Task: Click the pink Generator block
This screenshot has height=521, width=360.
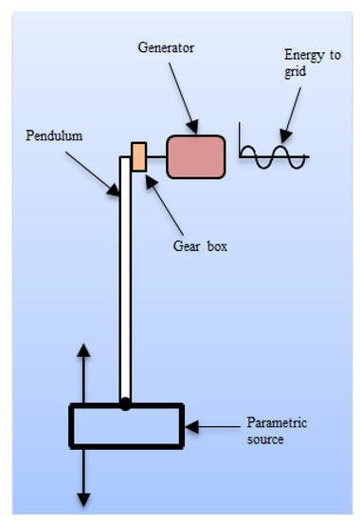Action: (196, 156)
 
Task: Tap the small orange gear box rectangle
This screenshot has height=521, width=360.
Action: (138, 156)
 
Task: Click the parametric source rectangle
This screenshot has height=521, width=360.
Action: (125, 425)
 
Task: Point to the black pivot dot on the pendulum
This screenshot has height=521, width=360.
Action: (125, 405)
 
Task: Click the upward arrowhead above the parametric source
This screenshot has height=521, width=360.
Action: (83, 350)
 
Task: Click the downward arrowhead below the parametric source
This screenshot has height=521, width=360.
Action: (83, 497)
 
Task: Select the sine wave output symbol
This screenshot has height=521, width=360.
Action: (272, 155)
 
